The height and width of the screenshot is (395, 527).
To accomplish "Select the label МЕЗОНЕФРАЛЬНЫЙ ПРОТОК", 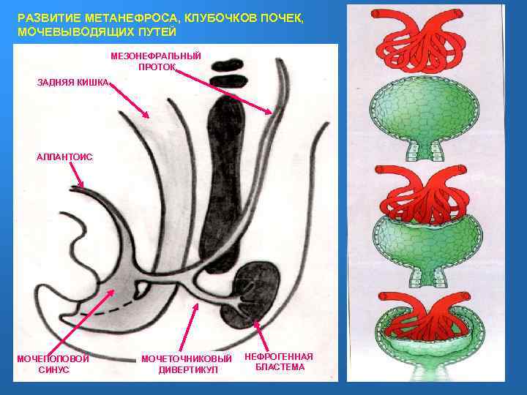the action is coord(155,61).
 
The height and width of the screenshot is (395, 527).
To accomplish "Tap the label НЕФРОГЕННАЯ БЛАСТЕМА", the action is coord(279,361).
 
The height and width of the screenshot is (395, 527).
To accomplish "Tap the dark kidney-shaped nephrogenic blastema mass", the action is coord(253,293).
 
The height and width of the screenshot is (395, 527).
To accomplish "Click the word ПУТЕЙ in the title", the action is coord(156,33).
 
